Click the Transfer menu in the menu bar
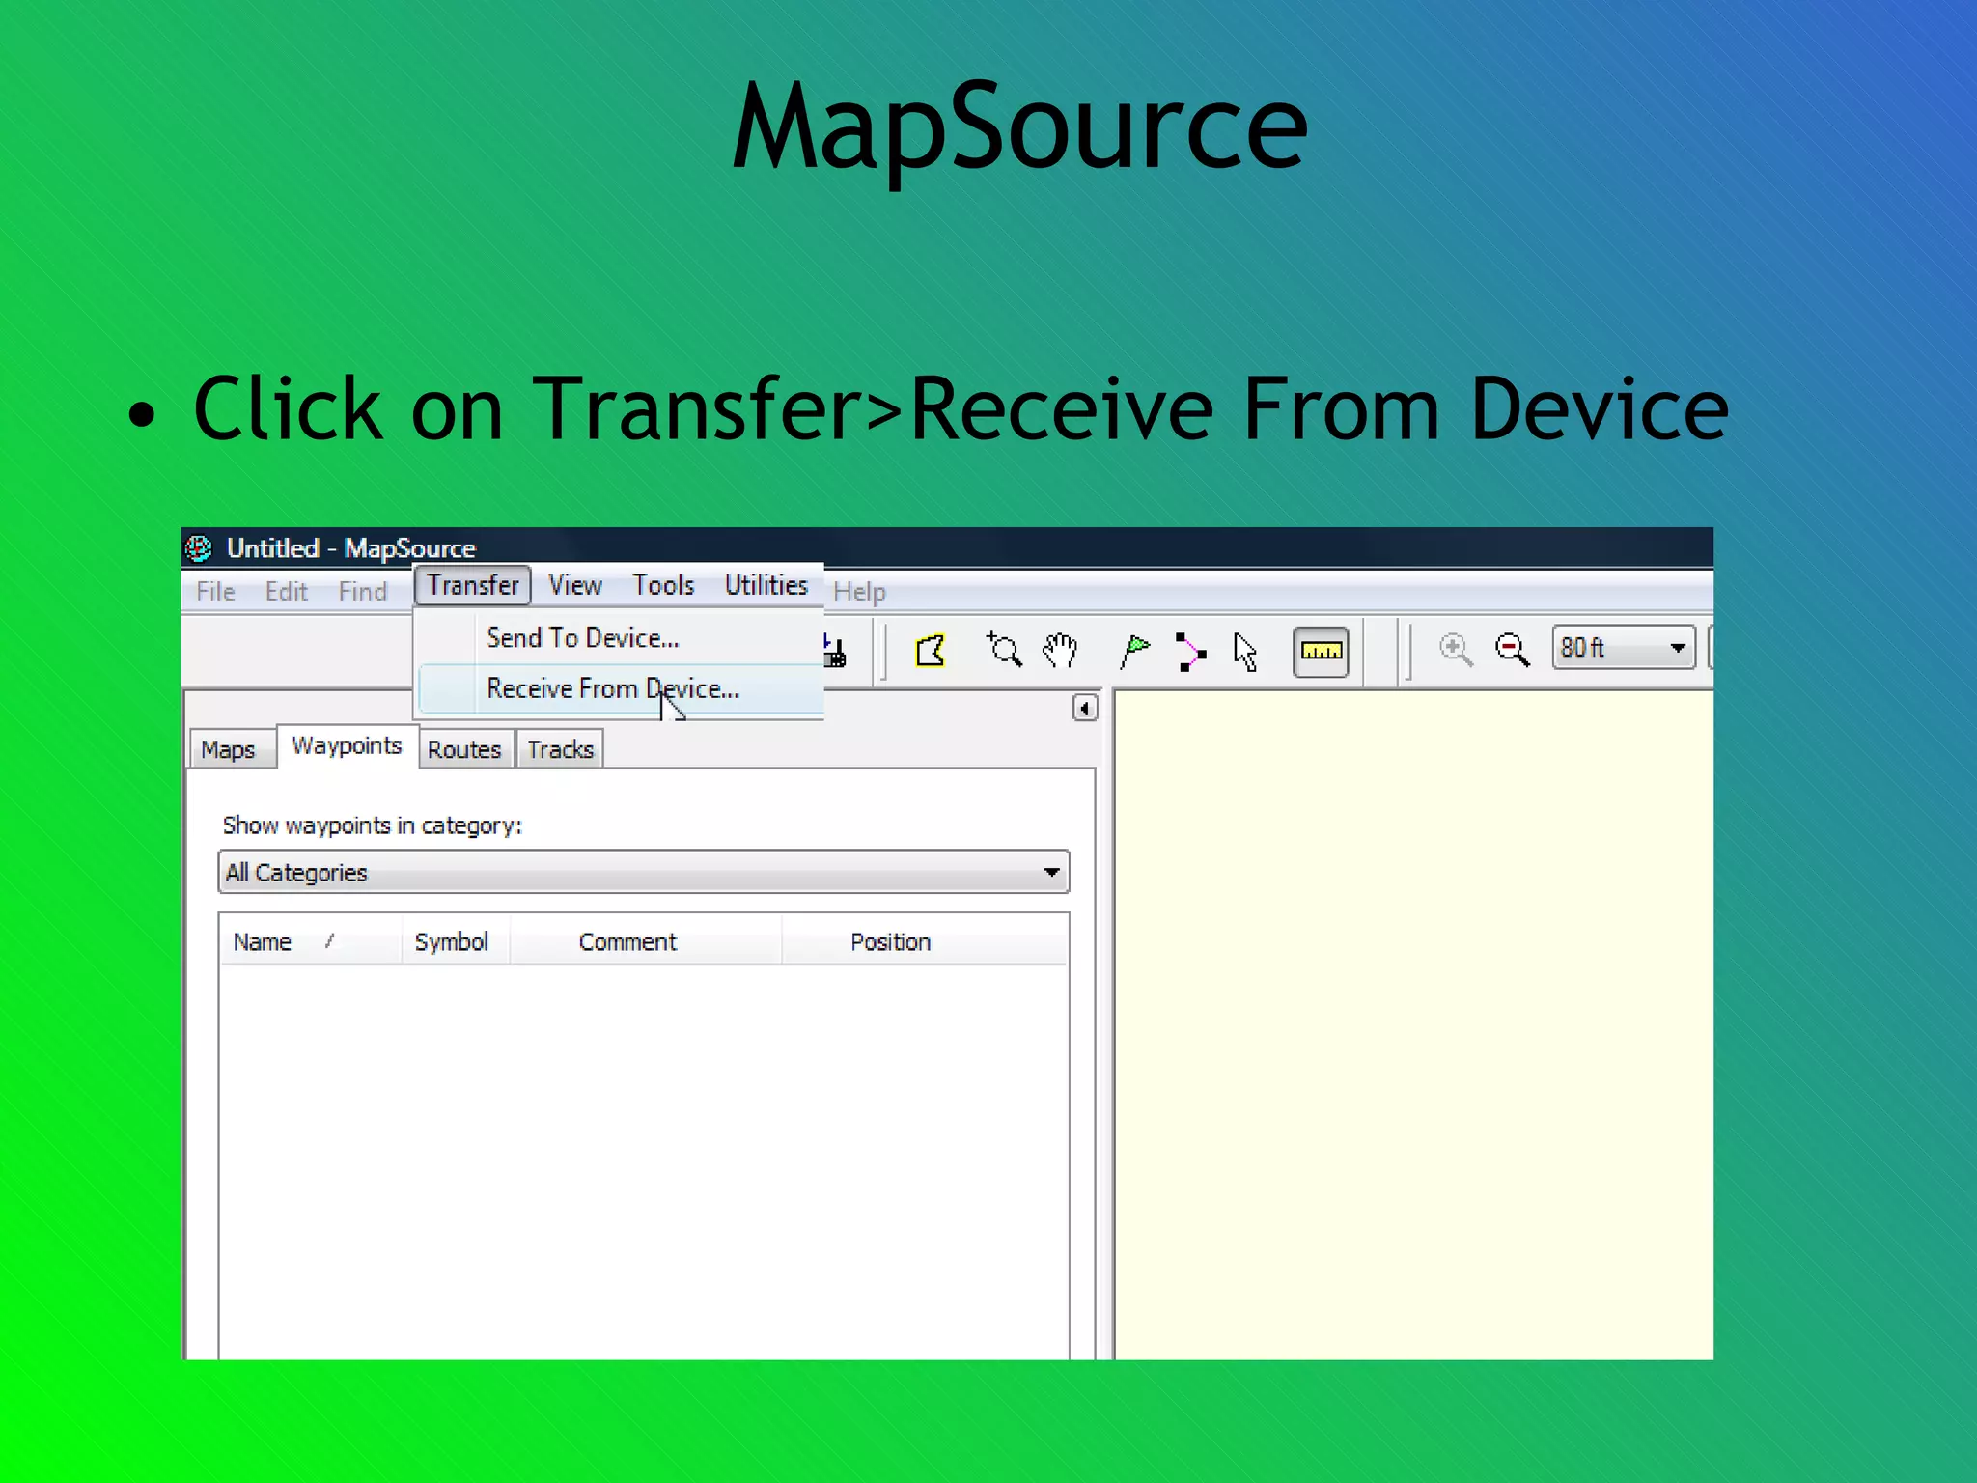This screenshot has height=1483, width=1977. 473,586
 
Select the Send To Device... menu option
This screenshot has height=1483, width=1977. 582,638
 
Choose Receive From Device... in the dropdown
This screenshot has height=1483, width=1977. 612,689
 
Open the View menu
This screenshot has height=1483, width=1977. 575,586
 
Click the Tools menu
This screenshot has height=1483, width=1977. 663,586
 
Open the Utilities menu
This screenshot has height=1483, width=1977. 766,586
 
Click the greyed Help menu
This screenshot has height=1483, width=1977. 859,592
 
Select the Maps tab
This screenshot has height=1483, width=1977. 228,750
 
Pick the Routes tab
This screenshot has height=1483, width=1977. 464,750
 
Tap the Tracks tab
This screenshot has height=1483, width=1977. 560,750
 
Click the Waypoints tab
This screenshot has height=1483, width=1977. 347,746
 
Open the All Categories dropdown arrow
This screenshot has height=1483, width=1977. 1051,873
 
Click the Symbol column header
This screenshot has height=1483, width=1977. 451,942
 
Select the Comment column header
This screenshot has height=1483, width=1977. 627,942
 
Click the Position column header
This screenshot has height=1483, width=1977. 890,942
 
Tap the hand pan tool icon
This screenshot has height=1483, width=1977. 1060,651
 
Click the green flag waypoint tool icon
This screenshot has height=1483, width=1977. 1135,651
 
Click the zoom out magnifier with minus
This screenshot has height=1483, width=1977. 1512,650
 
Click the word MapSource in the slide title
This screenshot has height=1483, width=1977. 1019,128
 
